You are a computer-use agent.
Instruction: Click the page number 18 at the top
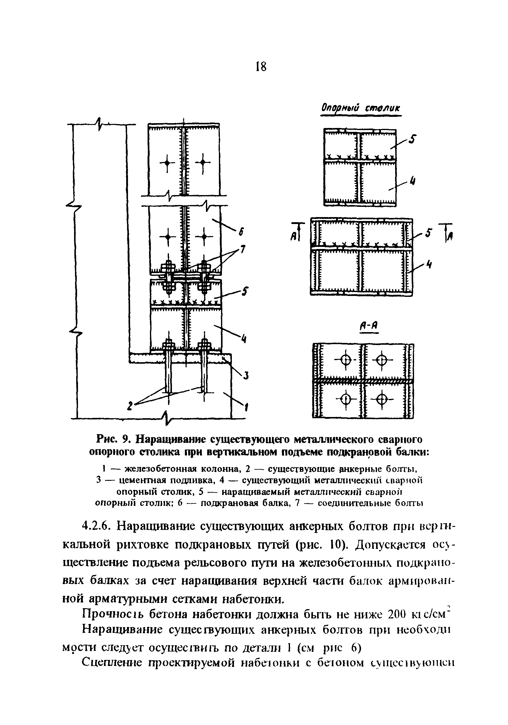click(261, 67)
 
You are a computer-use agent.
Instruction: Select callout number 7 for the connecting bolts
click(242, 249)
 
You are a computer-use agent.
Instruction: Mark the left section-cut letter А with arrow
click(293, 234)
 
